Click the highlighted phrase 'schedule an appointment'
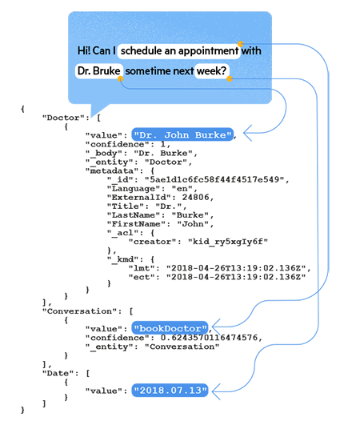[x=180, y=50]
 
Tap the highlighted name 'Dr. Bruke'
[x=98, y=71]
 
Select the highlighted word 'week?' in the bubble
[x=211, y=71]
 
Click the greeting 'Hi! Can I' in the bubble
[x=97, y=50]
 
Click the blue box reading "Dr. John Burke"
[x=183, y=135]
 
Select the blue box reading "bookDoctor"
[x=170, y=328]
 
